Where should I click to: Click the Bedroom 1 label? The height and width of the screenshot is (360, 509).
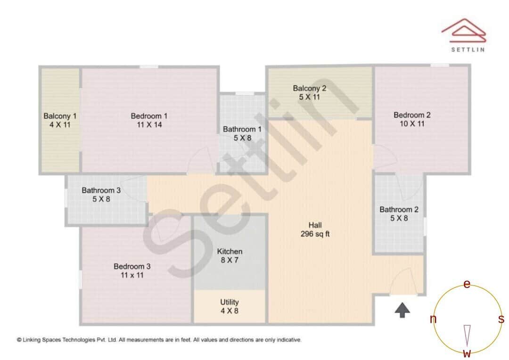pos(149,120)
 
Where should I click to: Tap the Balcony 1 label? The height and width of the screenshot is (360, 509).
pos(60,120)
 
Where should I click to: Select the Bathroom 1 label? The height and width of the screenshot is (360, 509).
pos(242,133)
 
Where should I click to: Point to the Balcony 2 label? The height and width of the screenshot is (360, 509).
pos(309,92)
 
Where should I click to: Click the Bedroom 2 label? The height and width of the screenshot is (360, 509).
pos(412,119)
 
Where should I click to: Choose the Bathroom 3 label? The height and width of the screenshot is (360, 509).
pos(101,195)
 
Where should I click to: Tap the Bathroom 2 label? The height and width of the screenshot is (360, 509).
pos(399,214)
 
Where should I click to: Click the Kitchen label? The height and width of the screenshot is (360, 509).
pos(230,256)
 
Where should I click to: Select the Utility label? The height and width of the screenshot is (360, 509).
pos(230,306)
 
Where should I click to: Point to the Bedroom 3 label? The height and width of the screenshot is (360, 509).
pos(132,270)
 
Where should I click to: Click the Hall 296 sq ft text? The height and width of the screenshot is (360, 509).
pos(315,229)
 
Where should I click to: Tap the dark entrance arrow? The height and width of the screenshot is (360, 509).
pos(402,310)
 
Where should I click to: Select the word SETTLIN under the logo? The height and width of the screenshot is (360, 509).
pos(468,49)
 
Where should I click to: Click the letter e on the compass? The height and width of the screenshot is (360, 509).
pos(467,284)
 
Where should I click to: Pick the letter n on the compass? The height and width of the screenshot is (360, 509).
pos(433,319)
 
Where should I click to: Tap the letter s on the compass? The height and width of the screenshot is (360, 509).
pos(501,319)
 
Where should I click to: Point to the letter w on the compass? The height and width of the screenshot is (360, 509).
pos(467,353)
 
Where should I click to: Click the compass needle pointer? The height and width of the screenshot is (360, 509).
pos(467,335)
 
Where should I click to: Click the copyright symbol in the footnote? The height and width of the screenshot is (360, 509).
pos(19,339)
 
